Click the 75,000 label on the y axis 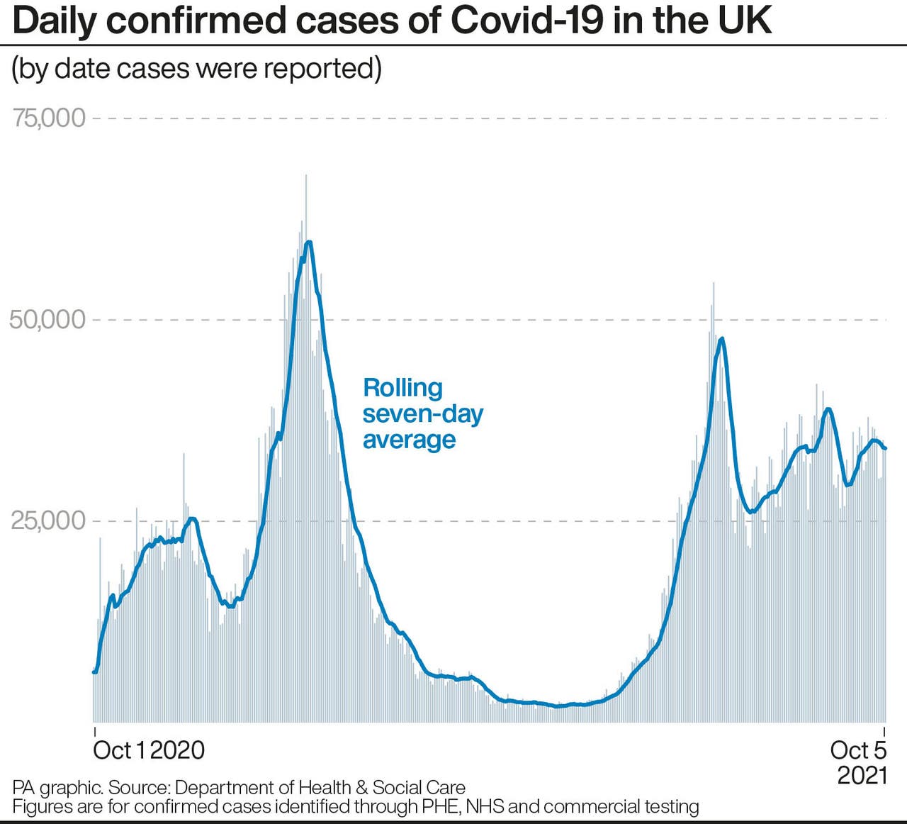(48, 118)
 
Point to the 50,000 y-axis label (47, 319)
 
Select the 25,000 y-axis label (47, 520)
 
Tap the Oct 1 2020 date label (149, 750)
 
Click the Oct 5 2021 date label (859, 762)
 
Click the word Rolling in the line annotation (402, 388)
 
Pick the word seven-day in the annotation (423, 414)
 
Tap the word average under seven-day (409, 440)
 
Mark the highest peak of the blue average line (308, 243)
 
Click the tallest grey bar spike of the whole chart (306, 176)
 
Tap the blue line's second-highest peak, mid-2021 (722, 338)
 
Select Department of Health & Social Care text (320, 787)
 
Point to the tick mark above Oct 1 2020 (94, 730)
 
